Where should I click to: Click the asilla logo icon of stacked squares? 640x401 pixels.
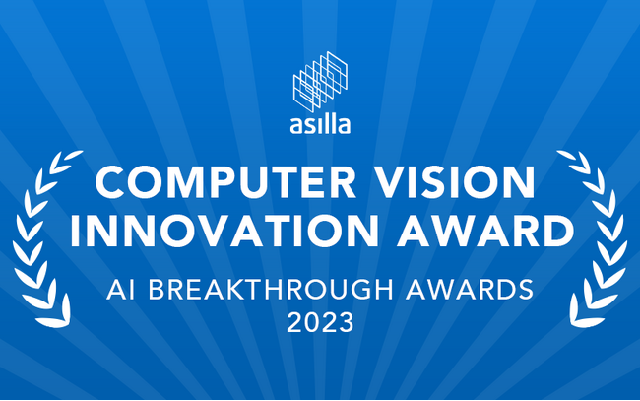click(x=320, y=81)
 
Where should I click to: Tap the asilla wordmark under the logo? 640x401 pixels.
click(x=320, y=125)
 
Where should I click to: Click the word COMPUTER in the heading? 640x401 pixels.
click(x=225, y=182)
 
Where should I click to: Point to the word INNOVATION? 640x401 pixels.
click(x=224, y=230)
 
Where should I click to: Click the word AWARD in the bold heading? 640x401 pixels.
click(x=485, y=230)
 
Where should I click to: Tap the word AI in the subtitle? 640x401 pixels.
click(x=120, y=290)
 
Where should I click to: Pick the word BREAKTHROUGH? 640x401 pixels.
click(x=271, y=290)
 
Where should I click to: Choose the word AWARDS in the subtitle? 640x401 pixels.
click(x=470, y=290)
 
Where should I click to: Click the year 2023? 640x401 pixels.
click(x=320, y=322)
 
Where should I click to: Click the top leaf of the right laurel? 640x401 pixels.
click(x=566, y=155)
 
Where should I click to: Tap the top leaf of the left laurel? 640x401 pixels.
click(x=74, y=155)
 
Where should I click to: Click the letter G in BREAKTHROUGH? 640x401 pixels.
click(x=359, y=290)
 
